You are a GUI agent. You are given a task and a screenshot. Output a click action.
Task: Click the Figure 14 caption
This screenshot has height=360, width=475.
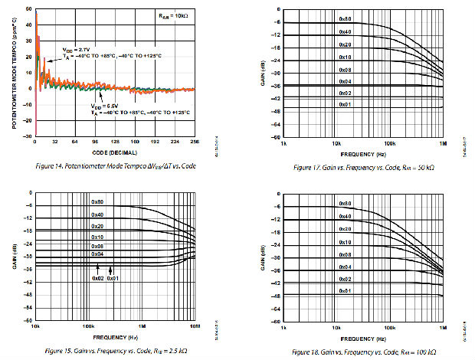coord(111,165)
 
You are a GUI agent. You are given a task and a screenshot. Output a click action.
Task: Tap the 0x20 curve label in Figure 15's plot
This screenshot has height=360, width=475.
coord(97,226)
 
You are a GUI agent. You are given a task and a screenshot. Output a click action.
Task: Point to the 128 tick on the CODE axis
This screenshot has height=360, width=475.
coord(115,142)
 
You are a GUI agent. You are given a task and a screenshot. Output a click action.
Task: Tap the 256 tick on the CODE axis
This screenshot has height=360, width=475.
coord(195,142)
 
